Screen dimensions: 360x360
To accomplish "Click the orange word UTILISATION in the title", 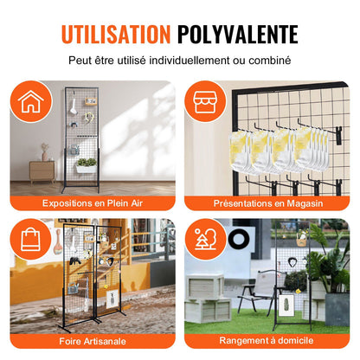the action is click(x=116, y=35).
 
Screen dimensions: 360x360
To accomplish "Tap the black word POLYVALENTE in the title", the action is click(x=237, y=35).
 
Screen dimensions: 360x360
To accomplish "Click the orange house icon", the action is click(x=30, y=101).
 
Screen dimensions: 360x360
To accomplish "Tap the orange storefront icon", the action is click(x=205, y=101).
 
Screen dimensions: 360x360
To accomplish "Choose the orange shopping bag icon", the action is click(x=30, y=240).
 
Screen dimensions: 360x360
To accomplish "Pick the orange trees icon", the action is click(x=205, y=240).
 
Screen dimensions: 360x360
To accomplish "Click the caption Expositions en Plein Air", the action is click(x=93, y=203).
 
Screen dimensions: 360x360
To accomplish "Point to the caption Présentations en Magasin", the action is click(x=268, y=203).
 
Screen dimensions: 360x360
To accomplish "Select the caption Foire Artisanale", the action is click(x=93, y=341).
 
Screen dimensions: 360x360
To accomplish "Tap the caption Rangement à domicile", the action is click(x=267, y=340).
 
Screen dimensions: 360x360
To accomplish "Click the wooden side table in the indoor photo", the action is click(x=42, y=172).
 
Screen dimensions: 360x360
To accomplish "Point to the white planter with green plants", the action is click(x=87, y=165).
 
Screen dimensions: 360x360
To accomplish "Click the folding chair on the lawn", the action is click(x=261, y=292).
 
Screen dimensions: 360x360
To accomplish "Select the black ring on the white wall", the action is click(x=239, y=240).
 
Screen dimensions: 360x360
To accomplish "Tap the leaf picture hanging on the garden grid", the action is click(x=286, y=305).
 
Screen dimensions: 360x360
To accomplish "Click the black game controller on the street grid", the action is click(x=75, y=261).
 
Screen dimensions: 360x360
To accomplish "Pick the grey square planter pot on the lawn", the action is click(x=337, y=310).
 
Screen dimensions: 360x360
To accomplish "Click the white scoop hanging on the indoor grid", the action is click(x=73, y=107).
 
